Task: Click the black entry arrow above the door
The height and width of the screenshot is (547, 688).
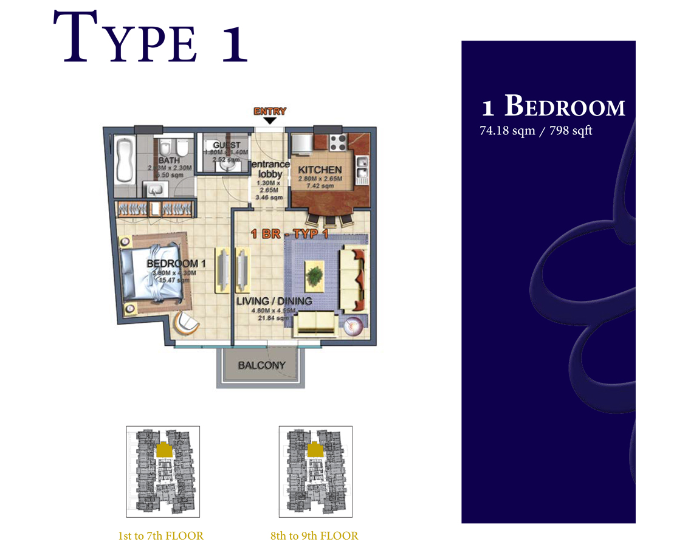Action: tap(270, 121)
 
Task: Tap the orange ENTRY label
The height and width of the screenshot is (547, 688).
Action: tap(270, 111)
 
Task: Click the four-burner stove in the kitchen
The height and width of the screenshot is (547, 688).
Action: tap(337, 143)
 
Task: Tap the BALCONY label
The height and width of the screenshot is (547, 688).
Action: tap(261, 366)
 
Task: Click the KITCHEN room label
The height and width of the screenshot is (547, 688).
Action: tap(320, 170)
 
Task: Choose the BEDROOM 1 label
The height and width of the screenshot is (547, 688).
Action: tap(172, 264)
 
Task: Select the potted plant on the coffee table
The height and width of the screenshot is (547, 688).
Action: tap(315, 276)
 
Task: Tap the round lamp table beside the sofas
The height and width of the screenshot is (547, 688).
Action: tap(354, 327)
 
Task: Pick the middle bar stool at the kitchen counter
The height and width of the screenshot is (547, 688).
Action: tap(329, 219)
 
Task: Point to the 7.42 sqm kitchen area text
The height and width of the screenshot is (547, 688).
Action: tap(320, 186)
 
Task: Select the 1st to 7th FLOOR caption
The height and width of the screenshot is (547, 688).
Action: tap(161, 536)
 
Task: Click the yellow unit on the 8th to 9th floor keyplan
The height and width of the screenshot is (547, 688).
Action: tap(315, 450)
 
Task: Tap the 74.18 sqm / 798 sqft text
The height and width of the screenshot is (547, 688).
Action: tap(536, 131)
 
